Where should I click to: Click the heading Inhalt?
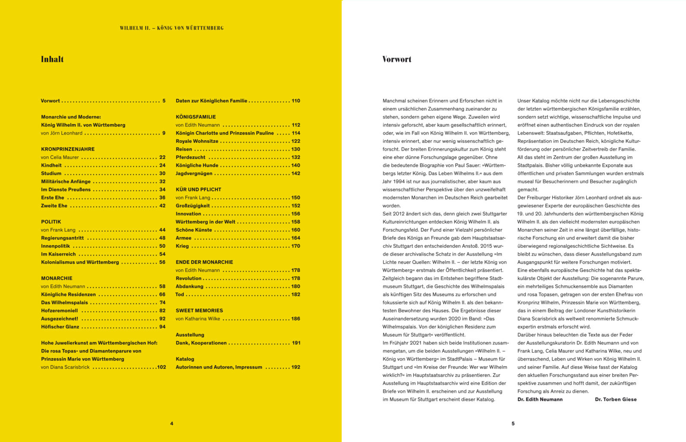point(52,59)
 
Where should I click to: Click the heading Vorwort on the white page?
point(396,59)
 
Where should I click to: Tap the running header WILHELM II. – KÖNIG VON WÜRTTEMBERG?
point(172,28)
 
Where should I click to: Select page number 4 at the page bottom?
point(172,423)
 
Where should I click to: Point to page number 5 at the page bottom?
point(513,423)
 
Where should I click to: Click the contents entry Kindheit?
point(51,165)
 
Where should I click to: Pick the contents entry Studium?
point(51,174)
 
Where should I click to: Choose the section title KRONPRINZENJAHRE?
point(68,149)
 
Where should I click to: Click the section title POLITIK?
point(51,222)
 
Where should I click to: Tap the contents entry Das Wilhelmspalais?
point(64,303)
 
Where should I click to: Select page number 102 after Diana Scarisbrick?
point(161,367)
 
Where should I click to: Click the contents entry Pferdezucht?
point(190,157)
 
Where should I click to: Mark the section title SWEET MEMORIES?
point(199,310)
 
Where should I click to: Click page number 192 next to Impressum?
point(296,367)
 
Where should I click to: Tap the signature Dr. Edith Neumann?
point(540,399)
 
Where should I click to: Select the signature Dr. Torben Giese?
point(616,399)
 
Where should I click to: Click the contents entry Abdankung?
point(189,286)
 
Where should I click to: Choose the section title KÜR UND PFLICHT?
point(198,189)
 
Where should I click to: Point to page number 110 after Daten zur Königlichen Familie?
point(296,101)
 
